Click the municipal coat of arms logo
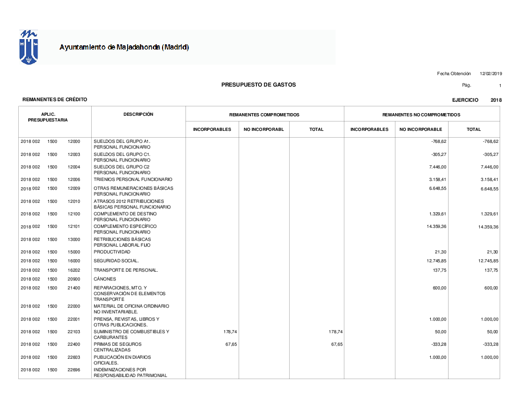pyautogui.click(x=29, y=47)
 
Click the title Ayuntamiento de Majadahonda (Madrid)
pyautogui.click(x=124, y=47)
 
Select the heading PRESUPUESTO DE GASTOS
pyautogui.click(x=258, y=84)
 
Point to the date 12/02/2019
pyautogui.click(x=491, y=74)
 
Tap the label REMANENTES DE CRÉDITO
pyautogui.click(x=55, y=100)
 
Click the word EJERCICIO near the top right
pyautogui.click(x=465, y=100)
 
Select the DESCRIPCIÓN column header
pyautogui.click(x=138, y=114)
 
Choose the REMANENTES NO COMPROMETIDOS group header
pyautogui.click(x=421, y=115)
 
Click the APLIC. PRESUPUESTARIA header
pyautogui.click(x=48, y=117)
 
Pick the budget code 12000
pyautogui.click(x=74, y=141)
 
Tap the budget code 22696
pyautogui.click(x=74, y=370)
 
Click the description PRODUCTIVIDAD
pyautogui.click(x=112, y=252)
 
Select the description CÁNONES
pyautogui.click(x=105, y=279)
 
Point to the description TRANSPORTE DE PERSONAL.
pyautogui.click(x=126, y=270)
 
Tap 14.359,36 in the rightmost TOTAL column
pyautogui.click(x=488, y=227)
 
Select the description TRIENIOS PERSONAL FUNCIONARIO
pyautogui.click(x=133, y=179)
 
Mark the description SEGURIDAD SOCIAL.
pyautogui.click(x=116, y=261)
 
